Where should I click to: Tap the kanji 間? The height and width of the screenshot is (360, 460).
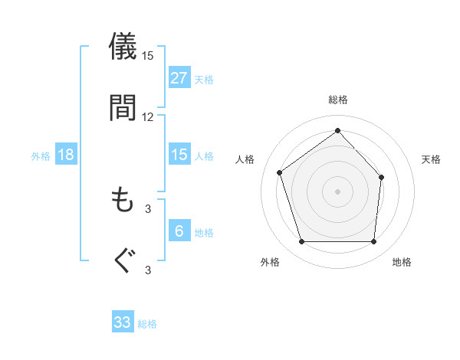click(x=123, y=107)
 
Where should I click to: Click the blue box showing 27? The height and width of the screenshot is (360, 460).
click(x=179, y=77)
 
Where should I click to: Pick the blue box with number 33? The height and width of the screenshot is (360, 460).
click(x=123, y=322)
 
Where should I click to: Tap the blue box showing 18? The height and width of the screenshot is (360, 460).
click(x=66, y=155)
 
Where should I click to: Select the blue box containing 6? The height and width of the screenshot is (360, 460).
click(x=179, y=231)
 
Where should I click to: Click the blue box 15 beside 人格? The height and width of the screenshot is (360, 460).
click(x=179, y=155)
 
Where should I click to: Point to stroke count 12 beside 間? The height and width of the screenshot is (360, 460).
click(x=148, y=117)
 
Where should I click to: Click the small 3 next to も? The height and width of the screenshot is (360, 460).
click(x=148, y=208)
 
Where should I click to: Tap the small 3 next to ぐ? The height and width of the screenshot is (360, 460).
click(x=148, y=270)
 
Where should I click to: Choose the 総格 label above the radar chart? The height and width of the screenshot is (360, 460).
click(x=338, y=100)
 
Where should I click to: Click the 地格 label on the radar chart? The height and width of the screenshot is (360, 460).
click(x=402, y=263)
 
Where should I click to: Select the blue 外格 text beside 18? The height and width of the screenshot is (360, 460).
click(x=41, y=155)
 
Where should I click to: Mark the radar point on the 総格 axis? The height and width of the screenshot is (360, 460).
click(x=337, y=130)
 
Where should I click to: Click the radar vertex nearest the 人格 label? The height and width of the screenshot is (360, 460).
click(x=280, y=172)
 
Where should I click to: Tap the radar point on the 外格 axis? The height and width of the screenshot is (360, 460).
click(x=301, y=242)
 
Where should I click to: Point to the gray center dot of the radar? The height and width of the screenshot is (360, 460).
click(x=337, y=191)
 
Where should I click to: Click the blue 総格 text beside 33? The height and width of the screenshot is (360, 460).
click(x=147, y=324)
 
